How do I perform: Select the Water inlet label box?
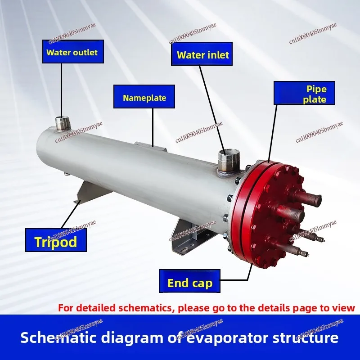202,55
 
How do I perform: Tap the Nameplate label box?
144,97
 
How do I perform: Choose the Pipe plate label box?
305,94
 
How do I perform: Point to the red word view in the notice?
345,308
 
